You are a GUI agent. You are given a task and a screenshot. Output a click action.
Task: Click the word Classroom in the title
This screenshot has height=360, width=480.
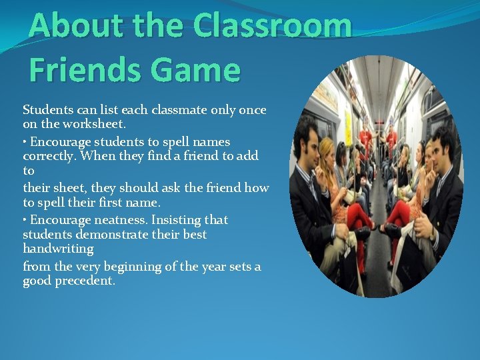click(x=271, y=27)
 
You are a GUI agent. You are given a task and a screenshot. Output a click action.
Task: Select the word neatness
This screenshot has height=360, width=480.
click(x=121, y=220)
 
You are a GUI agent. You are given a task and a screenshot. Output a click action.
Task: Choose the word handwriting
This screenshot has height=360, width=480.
click(x=58, y=249)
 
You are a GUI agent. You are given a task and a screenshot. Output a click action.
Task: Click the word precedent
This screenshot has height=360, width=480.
click(x=85, y=281)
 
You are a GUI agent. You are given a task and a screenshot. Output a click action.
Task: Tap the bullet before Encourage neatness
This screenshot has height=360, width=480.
click(x=25, y=220)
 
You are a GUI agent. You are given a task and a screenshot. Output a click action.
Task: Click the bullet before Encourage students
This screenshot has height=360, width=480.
click(x=25, y=142)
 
